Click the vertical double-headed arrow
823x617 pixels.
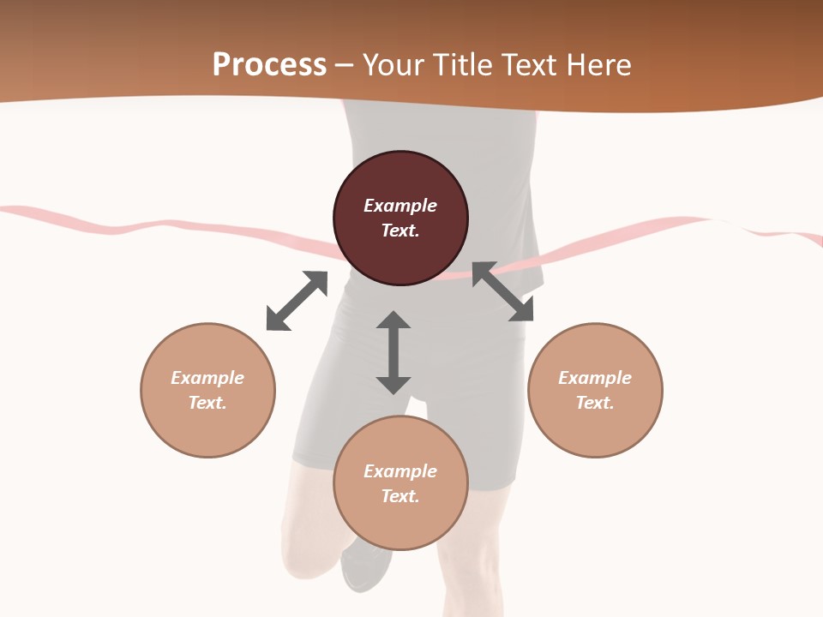tap(393, 352)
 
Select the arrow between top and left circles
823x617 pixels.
tap(297, 301)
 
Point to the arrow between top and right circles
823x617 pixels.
tap(502, 291)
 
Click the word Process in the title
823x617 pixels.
tap(269, 65)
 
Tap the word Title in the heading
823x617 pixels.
tap(462, 65)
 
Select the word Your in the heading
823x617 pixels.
tap(392, 65)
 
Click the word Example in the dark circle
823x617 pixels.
tap(400, 206)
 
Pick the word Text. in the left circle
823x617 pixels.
tap(207, 403)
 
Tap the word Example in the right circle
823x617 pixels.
tap(595, 378)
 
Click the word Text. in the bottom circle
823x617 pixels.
tap(400, 496)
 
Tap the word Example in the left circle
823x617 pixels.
tap(207, 378)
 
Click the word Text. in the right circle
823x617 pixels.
tap(595, 403)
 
